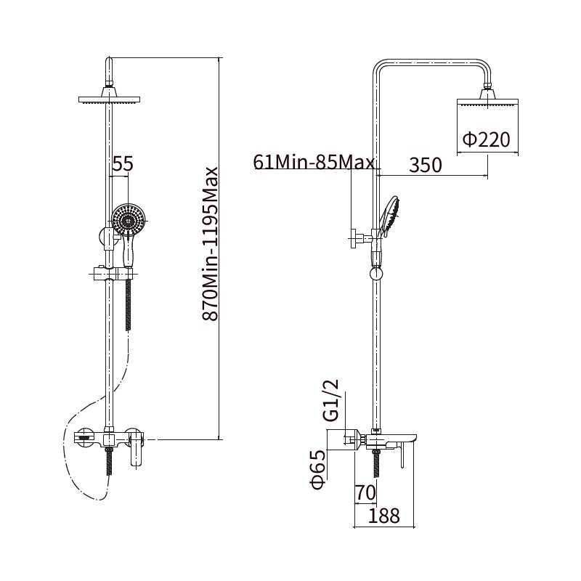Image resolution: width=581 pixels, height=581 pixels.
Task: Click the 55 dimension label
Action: click(123, 163)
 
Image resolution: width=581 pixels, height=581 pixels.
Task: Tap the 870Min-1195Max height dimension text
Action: click(210, 244)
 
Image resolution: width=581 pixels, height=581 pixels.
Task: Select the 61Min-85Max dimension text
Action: click(314, 162)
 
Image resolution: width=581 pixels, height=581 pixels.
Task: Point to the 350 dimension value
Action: click(426, 165)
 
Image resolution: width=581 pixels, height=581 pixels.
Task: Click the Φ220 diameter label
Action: click(487, 139)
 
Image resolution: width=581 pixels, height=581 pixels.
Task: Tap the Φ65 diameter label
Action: click(318, 469)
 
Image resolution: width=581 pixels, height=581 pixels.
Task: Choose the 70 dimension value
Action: click(365, 493)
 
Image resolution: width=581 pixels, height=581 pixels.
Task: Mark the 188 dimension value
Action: click(384, 516)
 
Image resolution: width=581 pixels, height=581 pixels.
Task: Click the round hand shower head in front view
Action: click(129, 220)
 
